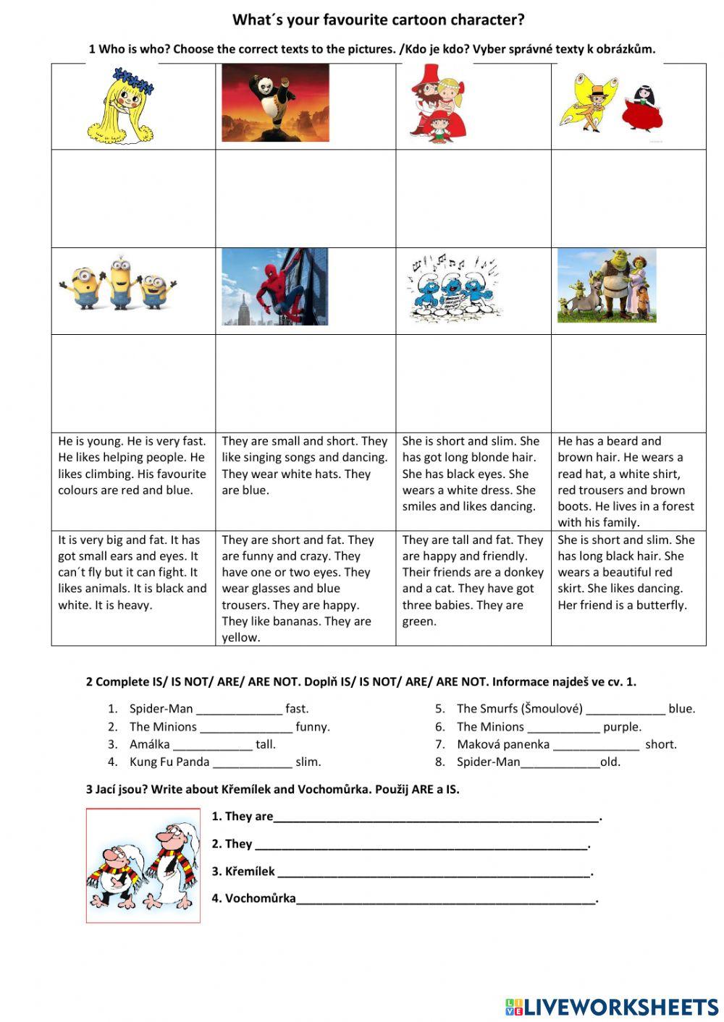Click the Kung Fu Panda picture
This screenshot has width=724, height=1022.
point(275,103)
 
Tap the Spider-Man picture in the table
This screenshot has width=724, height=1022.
point(275,287)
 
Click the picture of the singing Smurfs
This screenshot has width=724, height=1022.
point(455,288)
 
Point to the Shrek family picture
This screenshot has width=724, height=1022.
point(607,286)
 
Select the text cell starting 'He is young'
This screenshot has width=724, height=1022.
point(132,466)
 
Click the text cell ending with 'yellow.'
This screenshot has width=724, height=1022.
point(305,588)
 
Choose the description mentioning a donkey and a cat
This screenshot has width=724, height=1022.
point(473,580)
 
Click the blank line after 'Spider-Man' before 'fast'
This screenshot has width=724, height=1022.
point(239,710)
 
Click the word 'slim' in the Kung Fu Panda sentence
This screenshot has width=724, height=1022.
point(308,762)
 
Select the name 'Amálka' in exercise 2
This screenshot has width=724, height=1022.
point(149,744)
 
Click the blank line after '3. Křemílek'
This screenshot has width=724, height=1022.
point(434,873)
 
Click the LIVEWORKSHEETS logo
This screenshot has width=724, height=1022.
point(612,1006)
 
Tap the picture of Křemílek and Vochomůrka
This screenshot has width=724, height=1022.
point(143,865)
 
